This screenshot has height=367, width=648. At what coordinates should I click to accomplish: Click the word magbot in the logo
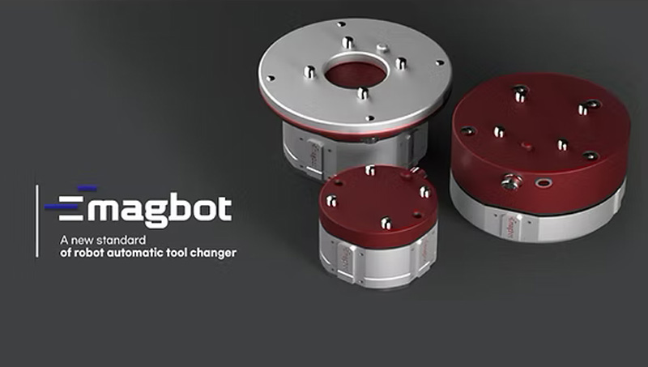tap(160, 210)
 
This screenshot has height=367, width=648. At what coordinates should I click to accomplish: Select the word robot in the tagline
tap(89, 252)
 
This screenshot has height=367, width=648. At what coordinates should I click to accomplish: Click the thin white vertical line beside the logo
tap(37, 221)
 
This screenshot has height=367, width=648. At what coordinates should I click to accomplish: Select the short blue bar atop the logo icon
tap(87, 189)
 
